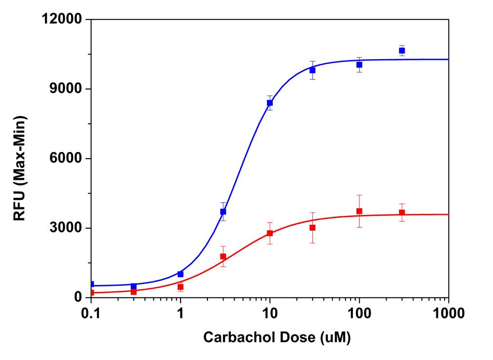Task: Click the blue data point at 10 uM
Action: (x=270, y=103)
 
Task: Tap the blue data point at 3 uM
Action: (x=223, y=212)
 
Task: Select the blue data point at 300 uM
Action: (x=402, y=51)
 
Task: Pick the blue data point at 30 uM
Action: (x=312, y=70)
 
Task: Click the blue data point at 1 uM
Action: (x=181, y=274)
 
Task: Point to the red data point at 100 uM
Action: (x=359, y=211)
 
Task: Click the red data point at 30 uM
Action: (x=312, y=228)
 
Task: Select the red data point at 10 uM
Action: (x=270, y=233)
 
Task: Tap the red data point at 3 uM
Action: (x=223, y=257)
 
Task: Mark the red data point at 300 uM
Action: (x=402, y=212)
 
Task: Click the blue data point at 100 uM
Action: (x=359, y=65)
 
